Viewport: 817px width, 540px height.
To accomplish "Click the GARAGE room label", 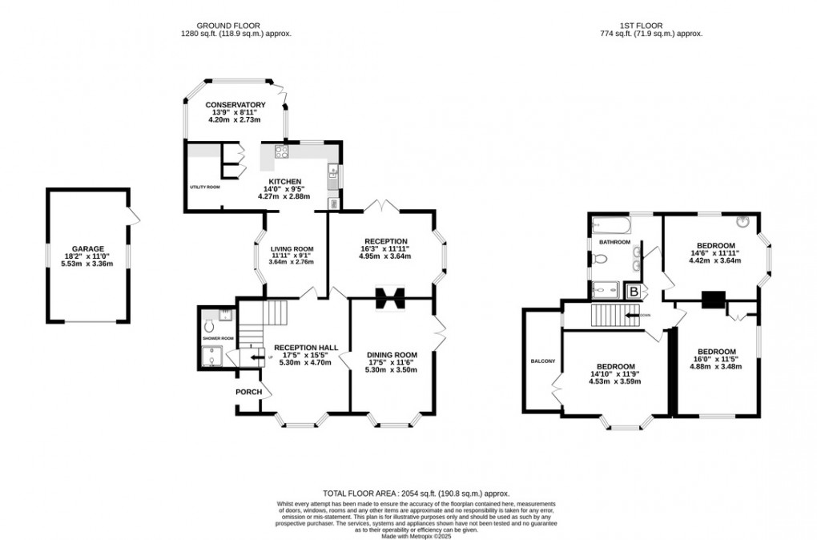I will pos(88,249).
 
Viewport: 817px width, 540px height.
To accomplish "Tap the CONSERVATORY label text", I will pos(235,105).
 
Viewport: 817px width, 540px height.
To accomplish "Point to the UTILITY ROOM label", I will pos(204,187).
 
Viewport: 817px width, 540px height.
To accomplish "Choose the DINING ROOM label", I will pos(392,355).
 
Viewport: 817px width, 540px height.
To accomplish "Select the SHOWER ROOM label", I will pos(217,338).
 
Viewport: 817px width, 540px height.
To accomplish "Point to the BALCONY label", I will pos(542,361).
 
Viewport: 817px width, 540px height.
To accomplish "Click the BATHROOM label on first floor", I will pos(614,242).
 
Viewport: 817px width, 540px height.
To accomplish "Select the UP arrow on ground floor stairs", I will pos(256,358).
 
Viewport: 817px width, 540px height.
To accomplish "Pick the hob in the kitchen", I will pos(281,150).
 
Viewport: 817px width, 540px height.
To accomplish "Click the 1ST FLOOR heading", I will pos(650,25).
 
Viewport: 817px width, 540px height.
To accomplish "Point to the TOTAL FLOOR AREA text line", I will pos(416,494).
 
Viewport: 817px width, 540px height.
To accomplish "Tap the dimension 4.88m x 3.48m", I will pos(716,367).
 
